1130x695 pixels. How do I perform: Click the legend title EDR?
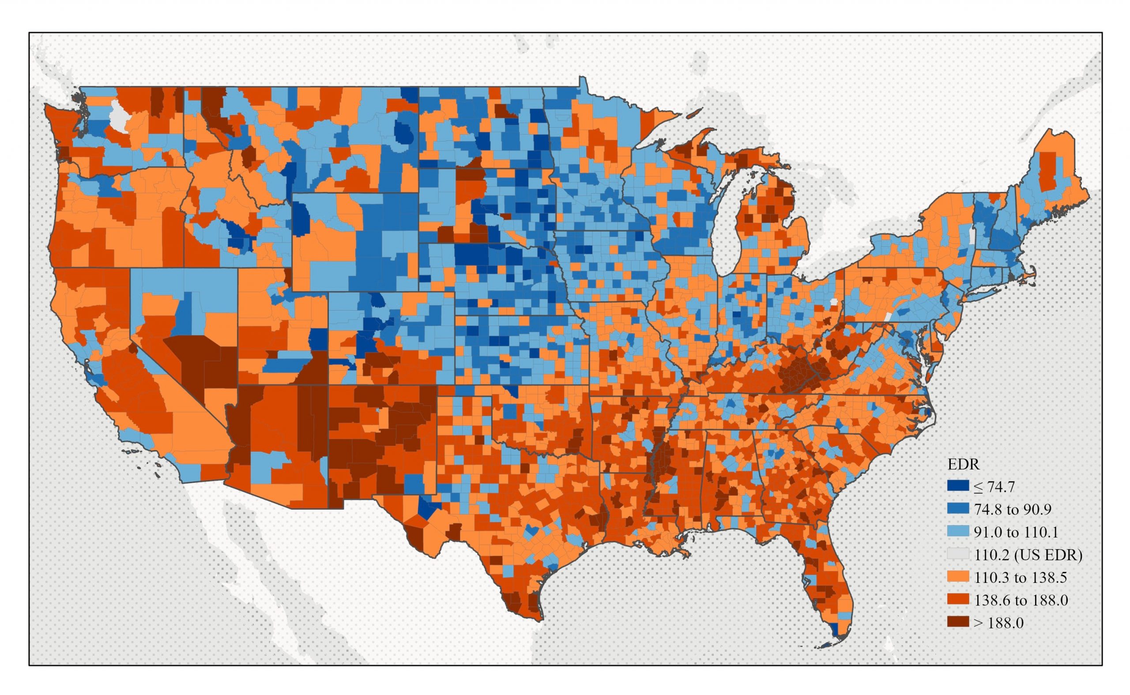(x=964, y=465)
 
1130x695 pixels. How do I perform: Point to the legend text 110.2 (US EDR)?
(x=1028, y=555)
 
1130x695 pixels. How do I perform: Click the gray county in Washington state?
(x=119, y=117)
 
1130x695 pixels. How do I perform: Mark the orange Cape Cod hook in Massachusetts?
(x=1030, y=276)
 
